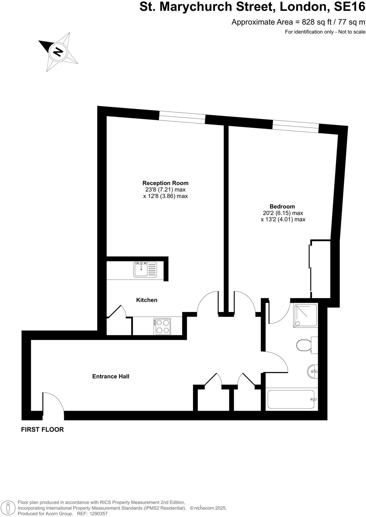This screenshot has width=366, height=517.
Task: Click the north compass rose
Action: click(x=58, y=52)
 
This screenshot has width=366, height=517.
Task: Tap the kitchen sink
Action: click(x=145, y=270)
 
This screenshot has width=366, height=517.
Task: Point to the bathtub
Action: click(x=291, y=400)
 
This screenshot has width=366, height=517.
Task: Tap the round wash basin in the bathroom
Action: click(x=313, y=372)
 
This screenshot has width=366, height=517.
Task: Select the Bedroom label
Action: click(x=282, y=206)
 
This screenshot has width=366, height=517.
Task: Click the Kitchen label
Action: click(x=147, y=300)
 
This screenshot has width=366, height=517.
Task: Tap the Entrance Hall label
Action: click(x=111, y=376)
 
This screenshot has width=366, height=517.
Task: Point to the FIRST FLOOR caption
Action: click(x=42, y=430)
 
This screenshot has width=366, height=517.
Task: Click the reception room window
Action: click(x=182, y=117)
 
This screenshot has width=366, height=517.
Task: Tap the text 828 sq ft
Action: click(x=315, y=22)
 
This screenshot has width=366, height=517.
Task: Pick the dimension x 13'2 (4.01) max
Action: click(x=283, y=220)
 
